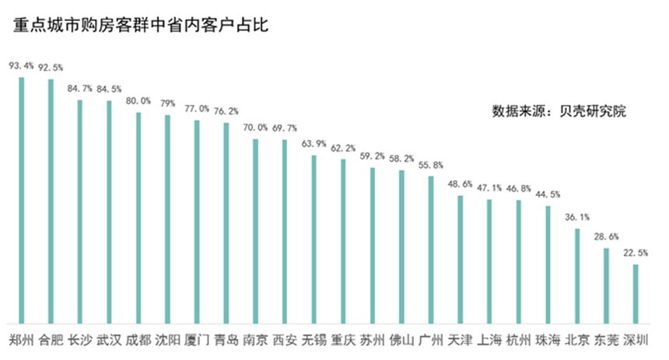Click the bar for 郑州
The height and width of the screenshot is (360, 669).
point(22,200)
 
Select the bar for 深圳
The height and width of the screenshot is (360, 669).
point(636,293)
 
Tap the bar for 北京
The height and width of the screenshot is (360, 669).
point(577,275)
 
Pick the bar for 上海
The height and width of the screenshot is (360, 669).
point(489,260)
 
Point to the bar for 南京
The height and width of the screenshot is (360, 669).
point(255,230)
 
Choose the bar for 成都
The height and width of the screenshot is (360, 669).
point(138,218)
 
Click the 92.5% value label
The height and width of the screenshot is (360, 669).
point(51,68)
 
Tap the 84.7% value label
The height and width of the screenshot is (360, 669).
point(80,89)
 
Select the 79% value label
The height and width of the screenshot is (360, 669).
point(167,104)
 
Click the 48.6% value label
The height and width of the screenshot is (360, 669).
point(461,184)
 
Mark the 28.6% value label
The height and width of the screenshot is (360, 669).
point(607,236)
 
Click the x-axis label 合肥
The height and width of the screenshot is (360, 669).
point(51,339)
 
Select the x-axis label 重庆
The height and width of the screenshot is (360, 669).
point(343,339)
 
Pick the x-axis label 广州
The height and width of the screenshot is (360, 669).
point(431,339)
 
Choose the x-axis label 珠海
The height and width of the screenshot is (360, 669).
point(548,339)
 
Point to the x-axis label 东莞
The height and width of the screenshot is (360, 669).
point(607,339)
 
